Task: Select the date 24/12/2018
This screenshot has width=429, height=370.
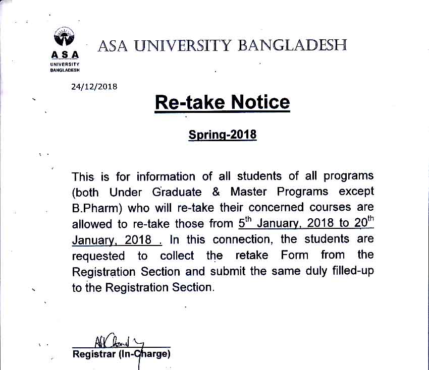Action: coord(94,87)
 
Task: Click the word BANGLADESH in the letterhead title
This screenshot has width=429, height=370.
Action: coord(292,46)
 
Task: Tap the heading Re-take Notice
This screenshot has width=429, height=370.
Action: coord(222,102)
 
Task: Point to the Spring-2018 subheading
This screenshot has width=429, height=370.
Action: coord(222,135)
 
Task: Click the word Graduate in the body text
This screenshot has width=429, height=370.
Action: coord(170,192)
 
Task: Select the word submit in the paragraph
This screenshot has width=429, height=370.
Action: coord(227,271)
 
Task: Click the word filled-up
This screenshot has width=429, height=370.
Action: coord(351,271)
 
